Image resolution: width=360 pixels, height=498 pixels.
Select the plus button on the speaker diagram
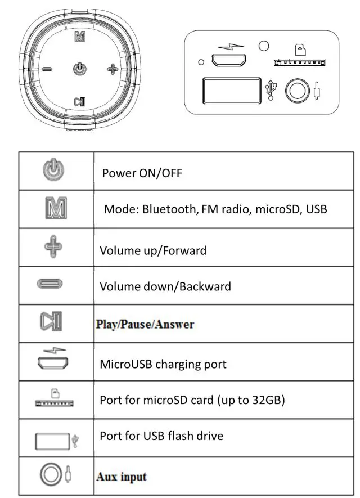[x=112, y=69]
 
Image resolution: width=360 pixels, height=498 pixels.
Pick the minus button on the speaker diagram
[x=47, y=69]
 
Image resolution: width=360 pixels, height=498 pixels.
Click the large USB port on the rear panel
[x=231, y=89]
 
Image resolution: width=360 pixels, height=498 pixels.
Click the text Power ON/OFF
[x=142, y=173]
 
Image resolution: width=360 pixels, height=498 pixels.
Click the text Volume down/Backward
[x=165, y=286]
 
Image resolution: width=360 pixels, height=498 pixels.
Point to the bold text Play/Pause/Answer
[x=145, y=325]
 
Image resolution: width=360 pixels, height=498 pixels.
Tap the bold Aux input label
[x=121, y=477]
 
